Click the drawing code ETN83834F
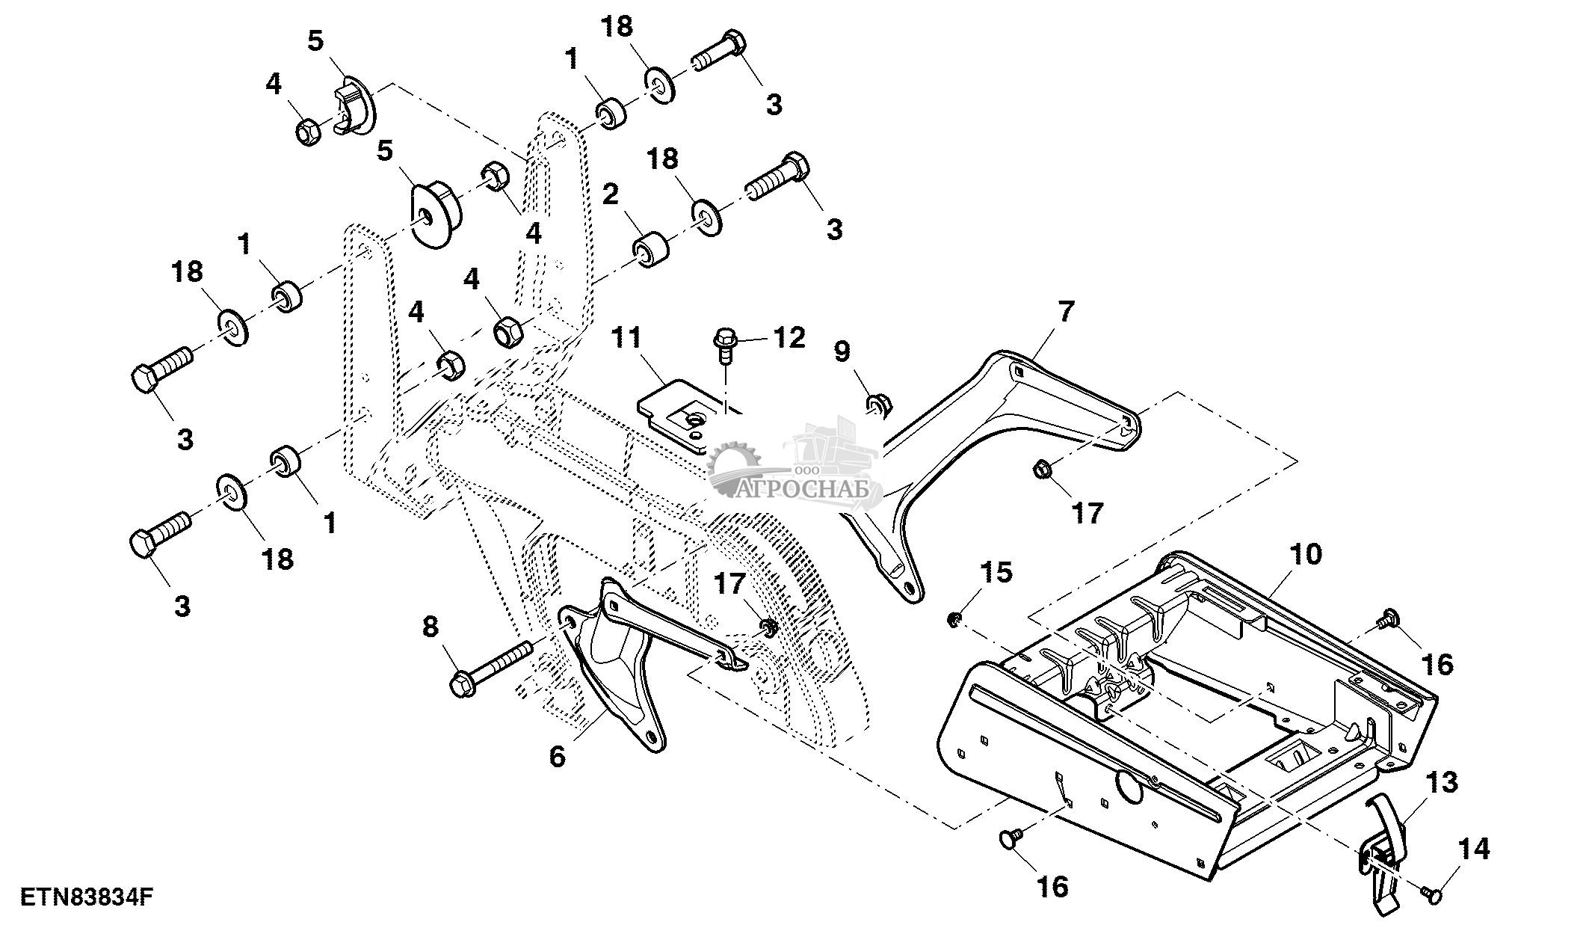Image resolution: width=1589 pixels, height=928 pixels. tap(87, 897)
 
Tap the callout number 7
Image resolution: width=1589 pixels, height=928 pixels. tap(1064, 312)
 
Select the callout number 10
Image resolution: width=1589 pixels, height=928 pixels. tap(1306, 554)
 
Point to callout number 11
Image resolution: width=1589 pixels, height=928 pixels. tap(626, 338)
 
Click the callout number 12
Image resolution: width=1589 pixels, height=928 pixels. tap(789, 338)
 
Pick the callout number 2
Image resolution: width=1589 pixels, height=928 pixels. tap(611, 195)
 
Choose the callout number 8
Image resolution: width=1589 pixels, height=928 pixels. tap(431, 627)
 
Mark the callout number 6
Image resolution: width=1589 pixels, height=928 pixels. tap(558, 756)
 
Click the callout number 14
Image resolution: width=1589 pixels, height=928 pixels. tap(1474, 849)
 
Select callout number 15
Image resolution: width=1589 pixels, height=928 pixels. tap(996, 572)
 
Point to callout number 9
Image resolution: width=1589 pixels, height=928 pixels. tap(842, 351)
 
